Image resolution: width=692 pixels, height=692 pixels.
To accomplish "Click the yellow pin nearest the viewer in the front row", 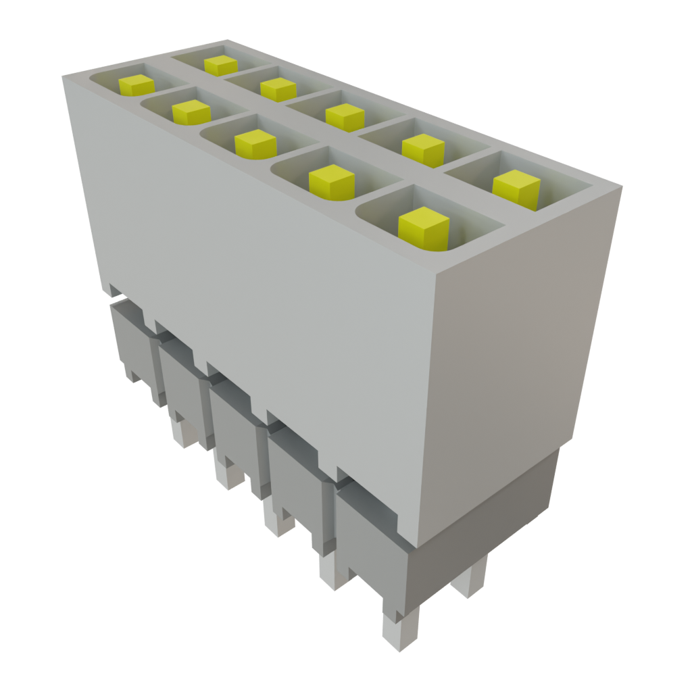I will click(x=423, y=226).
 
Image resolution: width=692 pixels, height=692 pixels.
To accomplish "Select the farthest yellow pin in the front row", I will click(x=136, y=85).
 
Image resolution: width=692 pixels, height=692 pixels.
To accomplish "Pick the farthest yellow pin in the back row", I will click(x=220, y=65).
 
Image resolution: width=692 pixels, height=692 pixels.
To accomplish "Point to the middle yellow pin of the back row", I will click(x=345, y=116).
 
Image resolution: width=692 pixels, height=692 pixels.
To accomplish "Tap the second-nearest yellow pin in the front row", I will click(x=331, y=181).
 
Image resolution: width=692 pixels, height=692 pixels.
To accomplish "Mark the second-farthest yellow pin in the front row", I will click(x=191, y=112).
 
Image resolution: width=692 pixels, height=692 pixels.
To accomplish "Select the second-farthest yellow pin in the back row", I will click(x=278, y=89).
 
